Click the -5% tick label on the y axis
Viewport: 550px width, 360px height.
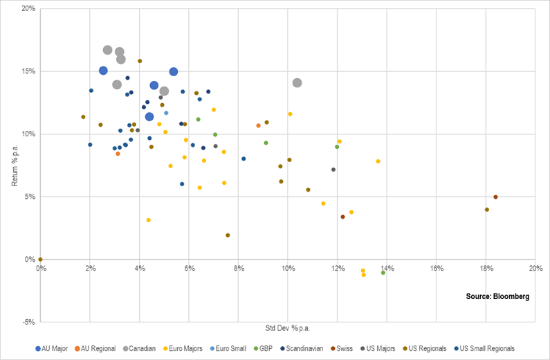pyautogui.click(x=28, y=322)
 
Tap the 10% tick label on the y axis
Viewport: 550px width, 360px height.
pyautogui.click(x=28, y=134)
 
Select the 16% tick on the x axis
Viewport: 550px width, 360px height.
pyautogui.click(x=437, y=268)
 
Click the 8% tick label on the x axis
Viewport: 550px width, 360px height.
pyautogui.click(x=239, y=268)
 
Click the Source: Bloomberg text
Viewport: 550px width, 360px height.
pyautogui.click(x=497, y=296)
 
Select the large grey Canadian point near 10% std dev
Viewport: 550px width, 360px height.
pyautogui.click(x=297, y=82)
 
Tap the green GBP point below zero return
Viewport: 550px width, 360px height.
pyautogui.click(x=383, y=273)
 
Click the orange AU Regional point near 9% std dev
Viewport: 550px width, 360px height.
pyautogui.click(x=258, y=125)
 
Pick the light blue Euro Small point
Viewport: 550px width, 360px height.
pyautogui.click(x=166, y=113)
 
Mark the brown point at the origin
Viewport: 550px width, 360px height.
pyautogui.click(x=41, y=260)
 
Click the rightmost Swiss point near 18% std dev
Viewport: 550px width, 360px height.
pyautogui.click(x=495, y=197)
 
